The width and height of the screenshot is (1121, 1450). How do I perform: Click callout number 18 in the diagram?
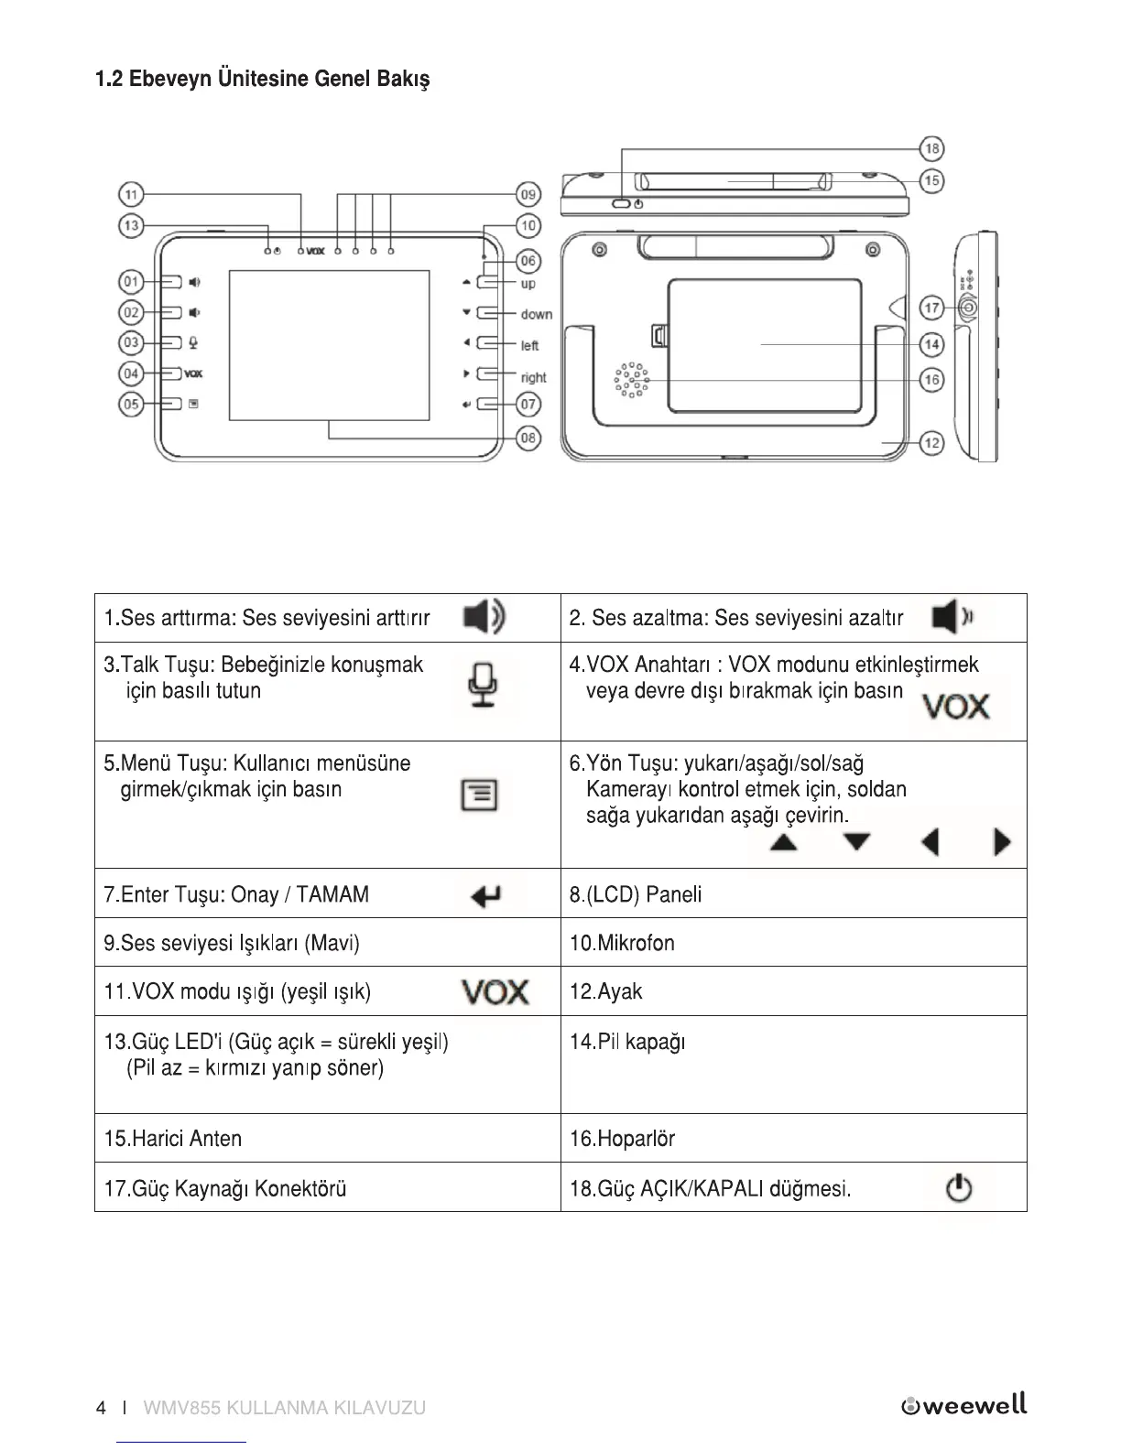(x=931, y=148)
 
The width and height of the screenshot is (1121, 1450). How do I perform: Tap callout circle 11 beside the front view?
(x=131, y=194)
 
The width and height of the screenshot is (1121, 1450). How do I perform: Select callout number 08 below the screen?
(x=528, y=438)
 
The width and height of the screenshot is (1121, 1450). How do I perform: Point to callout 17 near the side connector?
(x=931, y=308)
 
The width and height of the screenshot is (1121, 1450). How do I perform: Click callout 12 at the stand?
(x=931, y=443)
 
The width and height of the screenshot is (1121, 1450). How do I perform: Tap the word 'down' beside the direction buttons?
(x=537, y=314)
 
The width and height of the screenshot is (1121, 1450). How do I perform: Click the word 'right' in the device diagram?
(x=533, y=377)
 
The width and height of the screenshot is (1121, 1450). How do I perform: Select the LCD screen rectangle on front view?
(x=329, y=345)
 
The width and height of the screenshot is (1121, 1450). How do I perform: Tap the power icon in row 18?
(x=958, y=1189)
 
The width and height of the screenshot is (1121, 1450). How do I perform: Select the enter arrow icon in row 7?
(x=485, y=896)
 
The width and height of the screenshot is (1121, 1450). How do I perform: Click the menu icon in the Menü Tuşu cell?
(x=479, y=795)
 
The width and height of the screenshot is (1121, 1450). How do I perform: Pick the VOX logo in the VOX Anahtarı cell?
(x=955, y=707)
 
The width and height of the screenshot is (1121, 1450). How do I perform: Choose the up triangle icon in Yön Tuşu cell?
(x=783, y=842)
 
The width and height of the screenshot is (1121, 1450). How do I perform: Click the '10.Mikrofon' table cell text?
(x=622, y=943)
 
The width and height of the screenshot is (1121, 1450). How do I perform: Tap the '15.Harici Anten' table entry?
(x=173, y=1139)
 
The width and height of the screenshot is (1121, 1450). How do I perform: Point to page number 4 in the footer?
(x=101, y=1408)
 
